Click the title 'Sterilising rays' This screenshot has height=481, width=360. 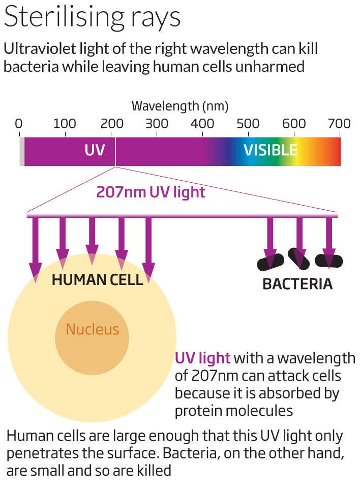tap(92, 19)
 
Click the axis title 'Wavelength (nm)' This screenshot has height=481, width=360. tap(180, 106)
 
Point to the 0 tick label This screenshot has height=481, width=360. tap(19, 124)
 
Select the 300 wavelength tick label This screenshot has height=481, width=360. tap(156, 124)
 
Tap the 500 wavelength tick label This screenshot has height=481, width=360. tap(248, 124)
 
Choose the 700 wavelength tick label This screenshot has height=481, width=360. tap(340, 124)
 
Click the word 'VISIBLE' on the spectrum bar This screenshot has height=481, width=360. tap(270, 150)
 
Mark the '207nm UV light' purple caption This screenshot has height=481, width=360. tap(151, 192)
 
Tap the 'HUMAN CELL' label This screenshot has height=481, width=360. tap(97, 279)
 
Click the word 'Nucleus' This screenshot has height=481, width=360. tap(92, 329)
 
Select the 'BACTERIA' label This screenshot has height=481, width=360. tap(297, 284)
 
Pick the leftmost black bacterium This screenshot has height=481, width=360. tap(270, 262)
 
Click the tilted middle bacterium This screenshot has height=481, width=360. tap(299, 259)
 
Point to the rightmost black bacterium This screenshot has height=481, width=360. tap(329, 261)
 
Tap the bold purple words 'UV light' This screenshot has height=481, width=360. tap(203, 358)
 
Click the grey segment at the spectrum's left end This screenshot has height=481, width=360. tap(21, 151)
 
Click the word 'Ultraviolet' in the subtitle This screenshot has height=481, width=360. tap(36, 49)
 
